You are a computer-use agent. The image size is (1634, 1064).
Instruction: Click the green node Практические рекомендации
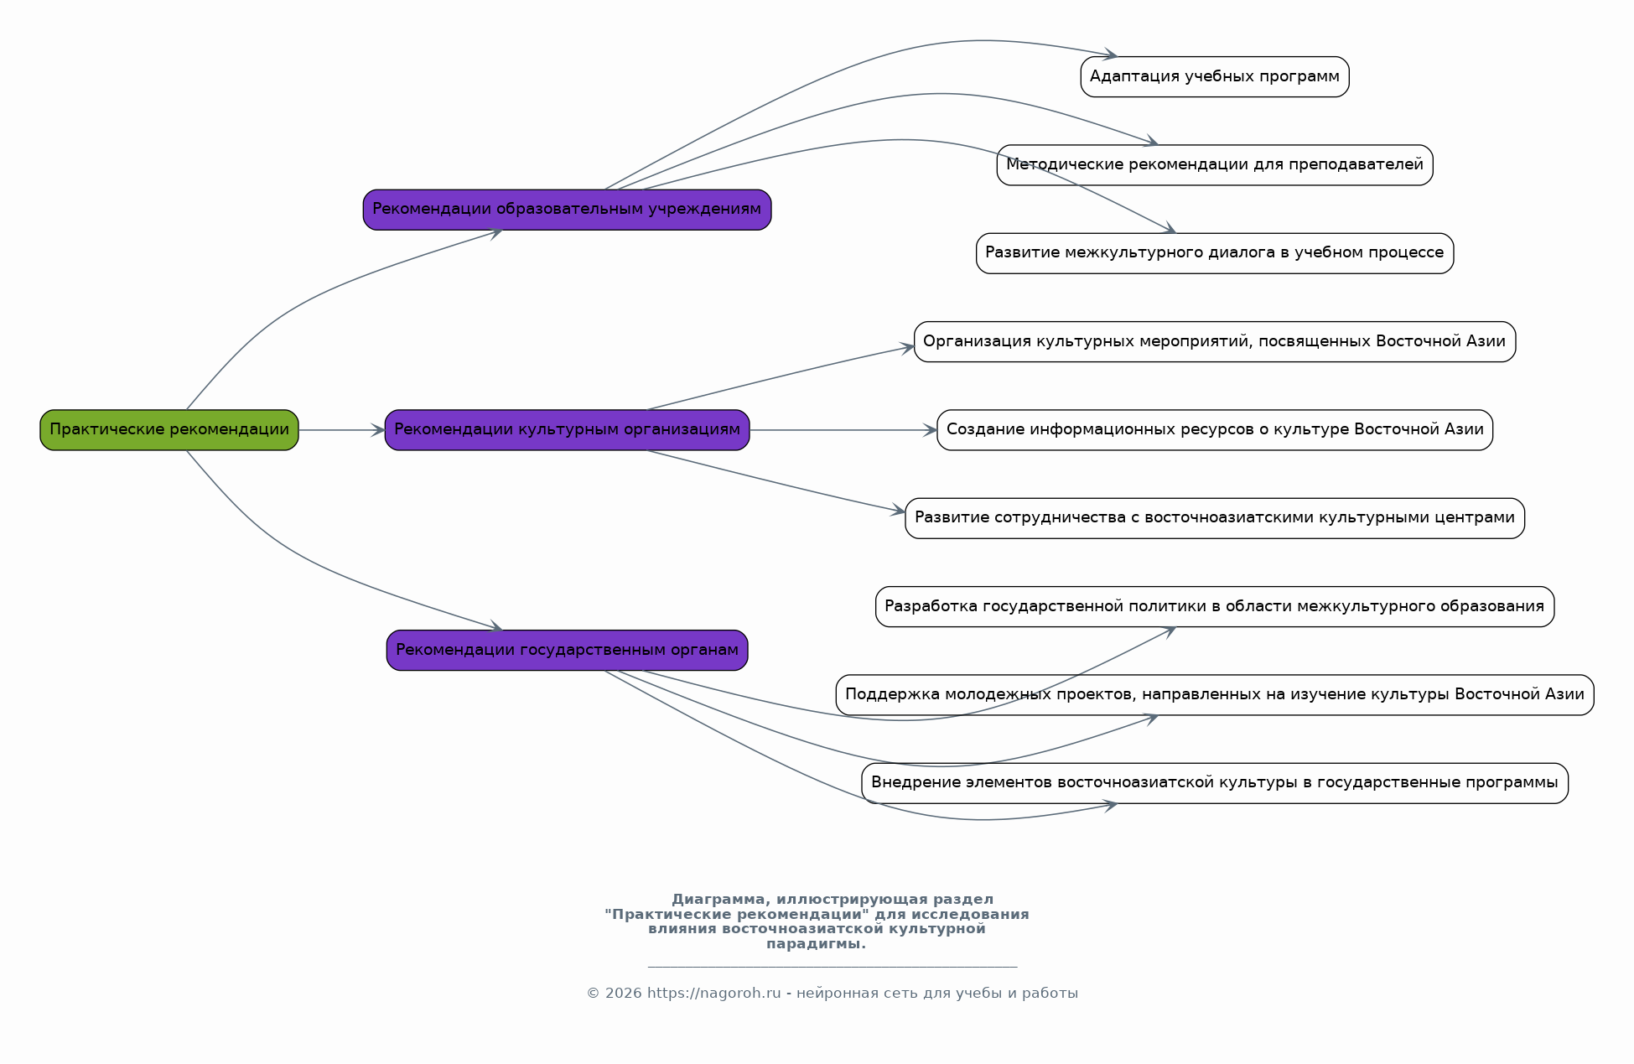169,430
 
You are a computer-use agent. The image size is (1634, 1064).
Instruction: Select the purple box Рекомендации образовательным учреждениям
567,210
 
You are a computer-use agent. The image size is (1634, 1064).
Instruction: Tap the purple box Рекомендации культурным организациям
567,430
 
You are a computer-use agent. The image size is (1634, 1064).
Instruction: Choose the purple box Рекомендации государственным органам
567,650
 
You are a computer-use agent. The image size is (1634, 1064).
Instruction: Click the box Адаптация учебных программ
1215,77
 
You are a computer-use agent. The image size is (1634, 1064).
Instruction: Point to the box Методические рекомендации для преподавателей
1215,165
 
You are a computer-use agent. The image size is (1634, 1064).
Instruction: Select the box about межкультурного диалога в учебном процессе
1215,253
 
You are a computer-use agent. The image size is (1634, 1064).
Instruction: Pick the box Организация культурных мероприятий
1215,341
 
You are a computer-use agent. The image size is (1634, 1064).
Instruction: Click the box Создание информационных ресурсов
1215,430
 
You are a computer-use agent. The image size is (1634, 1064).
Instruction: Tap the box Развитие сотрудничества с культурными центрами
1215,518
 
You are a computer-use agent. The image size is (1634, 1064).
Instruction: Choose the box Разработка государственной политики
1215,606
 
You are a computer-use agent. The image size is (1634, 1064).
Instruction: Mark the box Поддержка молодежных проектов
1215,695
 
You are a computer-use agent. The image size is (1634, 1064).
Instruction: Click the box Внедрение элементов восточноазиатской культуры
1215,783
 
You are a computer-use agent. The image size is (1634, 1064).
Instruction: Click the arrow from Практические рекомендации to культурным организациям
342,430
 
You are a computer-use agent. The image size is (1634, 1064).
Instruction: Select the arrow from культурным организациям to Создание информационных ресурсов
843,430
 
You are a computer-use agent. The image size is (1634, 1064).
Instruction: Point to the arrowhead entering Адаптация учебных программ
1111,55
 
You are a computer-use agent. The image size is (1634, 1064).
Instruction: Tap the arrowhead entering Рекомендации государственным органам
495,627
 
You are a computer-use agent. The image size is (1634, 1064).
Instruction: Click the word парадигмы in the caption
816,944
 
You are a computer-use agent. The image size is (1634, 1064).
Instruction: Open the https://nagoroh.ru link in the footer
713,994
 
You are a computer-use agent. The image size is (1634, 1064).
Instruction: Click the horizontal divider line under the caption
833,967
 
